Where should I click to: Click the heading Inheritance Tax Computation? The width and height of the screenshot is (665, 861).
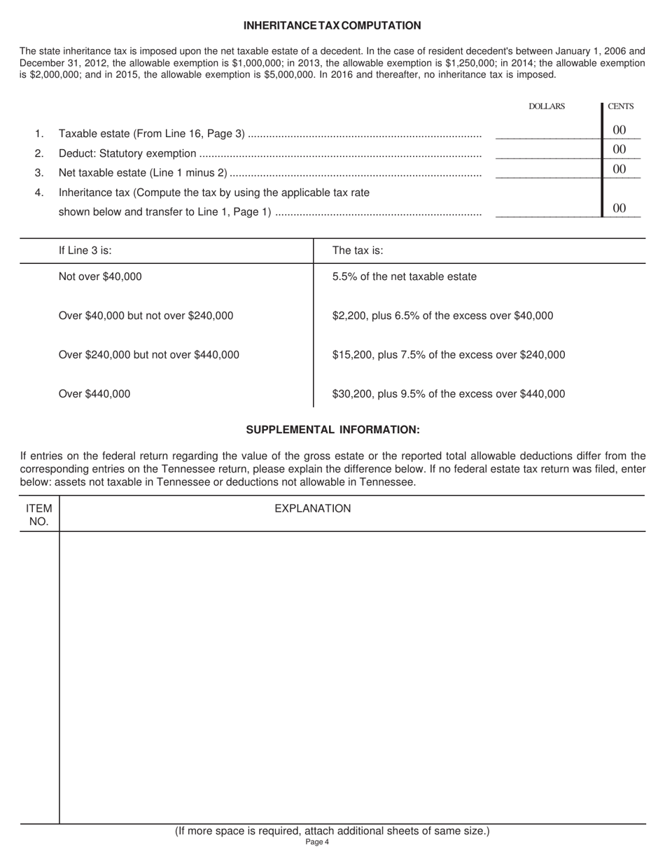(332, 26)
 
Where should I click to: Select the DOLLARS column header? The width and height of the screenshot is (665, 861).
(546, 106)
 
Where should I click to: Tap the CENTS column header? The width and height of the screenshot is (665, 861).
(620, 106)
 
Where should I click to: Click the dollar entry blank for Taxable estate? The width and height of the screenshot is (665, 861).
(547, 133)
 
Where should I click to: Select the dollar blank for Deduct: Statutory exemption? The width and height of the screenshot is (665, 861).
(547, 153)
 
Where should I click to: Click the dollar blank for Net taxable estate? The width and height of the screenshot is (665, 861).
(547, 172)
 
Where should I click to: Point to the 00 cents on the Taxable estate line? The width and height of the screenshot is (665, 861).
(619, 130)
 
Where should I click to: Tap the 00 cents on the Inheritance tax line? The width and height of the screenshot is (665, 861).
(619, 208)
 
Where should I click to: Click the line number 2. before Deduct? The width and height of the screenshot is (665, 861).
(39, 153)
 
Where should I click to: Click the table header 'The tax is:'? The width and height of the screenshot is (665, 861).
(358, 251)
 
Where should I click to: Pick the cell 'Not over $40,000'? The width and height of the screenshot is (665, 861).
(100, 276)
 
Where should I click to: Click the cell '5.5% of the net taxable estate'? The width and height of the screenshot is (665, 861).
(404, 276)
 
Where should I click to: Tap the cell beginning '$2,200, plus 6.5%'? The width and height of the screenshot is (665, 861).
(442, 316)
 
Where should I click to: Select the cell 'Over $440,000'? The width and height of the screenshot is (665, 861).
(94, 394)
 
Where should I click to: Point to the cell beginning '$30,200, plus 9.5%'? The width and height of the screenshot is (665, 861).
(448, 394)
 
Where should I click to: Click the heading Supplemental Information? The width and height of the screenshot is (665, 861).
(332, 430)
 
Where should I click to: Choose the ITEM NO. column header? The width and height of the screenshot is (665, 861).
(39, 514)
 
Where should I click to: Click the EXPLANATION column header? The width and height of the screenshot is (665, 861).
(312, 509)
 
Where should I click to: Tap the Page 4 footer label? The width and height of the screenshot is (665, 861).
(317, 842)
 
